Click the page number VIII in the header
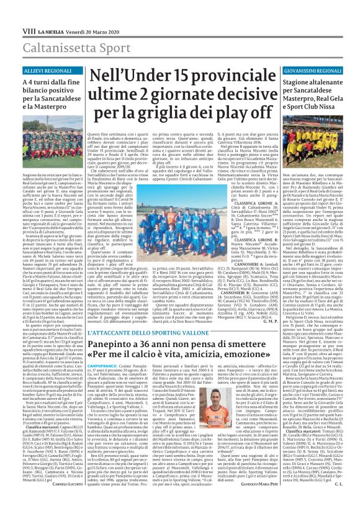[11, 7]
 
